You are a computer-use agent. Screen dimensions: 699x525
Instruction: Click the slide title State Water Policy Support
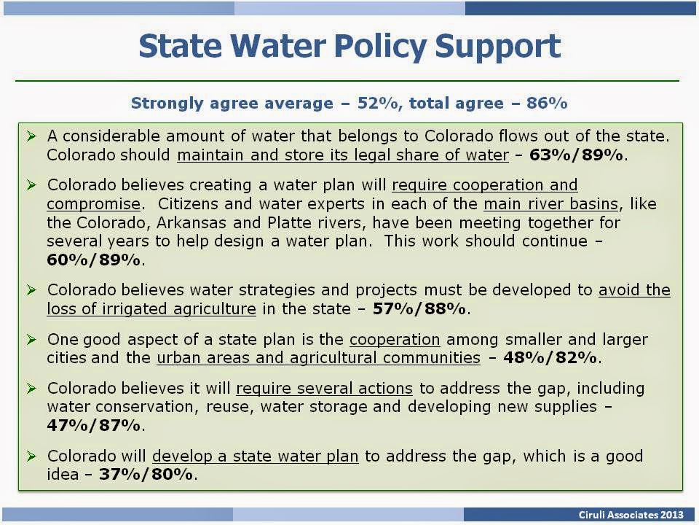pyautogui.click(x=349, y=47)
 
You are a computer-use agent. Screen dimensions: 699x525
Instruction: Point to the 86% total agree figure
pyautogui.click(x=547, y=103)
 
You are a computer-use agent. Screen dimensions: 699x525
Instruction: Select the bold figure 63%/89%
pyautogui.click(x=576, y=155)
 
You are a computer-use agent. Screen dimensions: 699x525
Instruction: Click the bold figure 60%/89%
pyautogui.click(x=94, y=260)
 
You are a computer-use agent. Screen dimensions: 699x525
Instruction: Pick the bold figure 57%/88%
pyautogui.click(x=419, y=309)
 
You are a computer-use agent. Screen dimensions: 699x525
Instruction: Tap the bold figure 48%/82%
pyautogui.click(x=550, y=358)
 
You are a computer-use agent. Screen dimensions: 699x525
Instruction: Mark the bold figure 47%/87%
pyautogui.click(x=94, y=425)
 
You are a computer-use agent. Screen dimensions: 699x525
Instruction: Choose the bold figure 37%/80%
pyautogui.click(x=146, y=475)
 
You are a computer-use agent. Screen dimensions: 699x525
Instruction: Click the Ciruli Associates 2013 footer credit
pyautogui.click(x=631, y=515)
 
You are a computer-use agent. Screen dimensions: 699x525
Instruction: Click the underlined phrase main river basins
pyautogui.click(x=551, y=204)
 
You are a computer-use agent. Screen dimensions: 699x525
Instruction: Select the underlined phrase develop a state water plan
pyautogui.click(x=256, y=456)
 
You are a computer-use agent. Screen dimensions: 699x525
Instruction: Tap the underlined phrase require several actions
pyautogui.click(x=325, y=389)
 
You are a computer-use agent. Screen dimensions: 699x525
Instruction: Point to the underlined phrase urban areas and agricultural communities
pyautogui.click(x=319, y=358)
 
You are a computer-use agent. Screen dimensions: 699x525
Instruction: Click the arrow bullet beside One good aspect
pyautogui.click(x=31, y=339)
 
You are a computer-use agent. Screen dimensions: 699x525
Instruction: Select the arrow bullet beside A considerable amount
pyautogui.click(x=31, y=136)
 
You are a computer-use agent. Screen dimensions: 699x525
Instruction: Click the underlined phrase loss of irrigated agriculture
pyautogui.click(x=151, y=309)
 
